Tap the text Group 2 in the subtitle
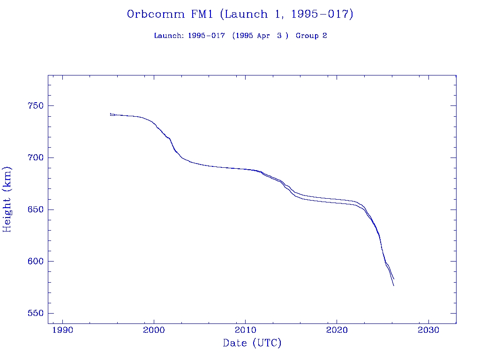point(311,36)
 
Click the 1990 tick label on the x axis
point(63,330)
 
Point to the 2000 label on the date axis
point(154,330)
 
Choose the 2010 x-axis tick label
point(246,330)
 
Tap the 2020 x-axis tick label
point(337,330)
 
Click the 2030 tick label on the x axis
point(428,330)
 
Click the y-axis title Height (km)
point(7,199)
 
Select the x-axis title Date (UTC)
point(252,344)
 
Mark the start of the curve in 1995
point(111,114)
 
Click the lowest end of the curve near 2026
point(394,285)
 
